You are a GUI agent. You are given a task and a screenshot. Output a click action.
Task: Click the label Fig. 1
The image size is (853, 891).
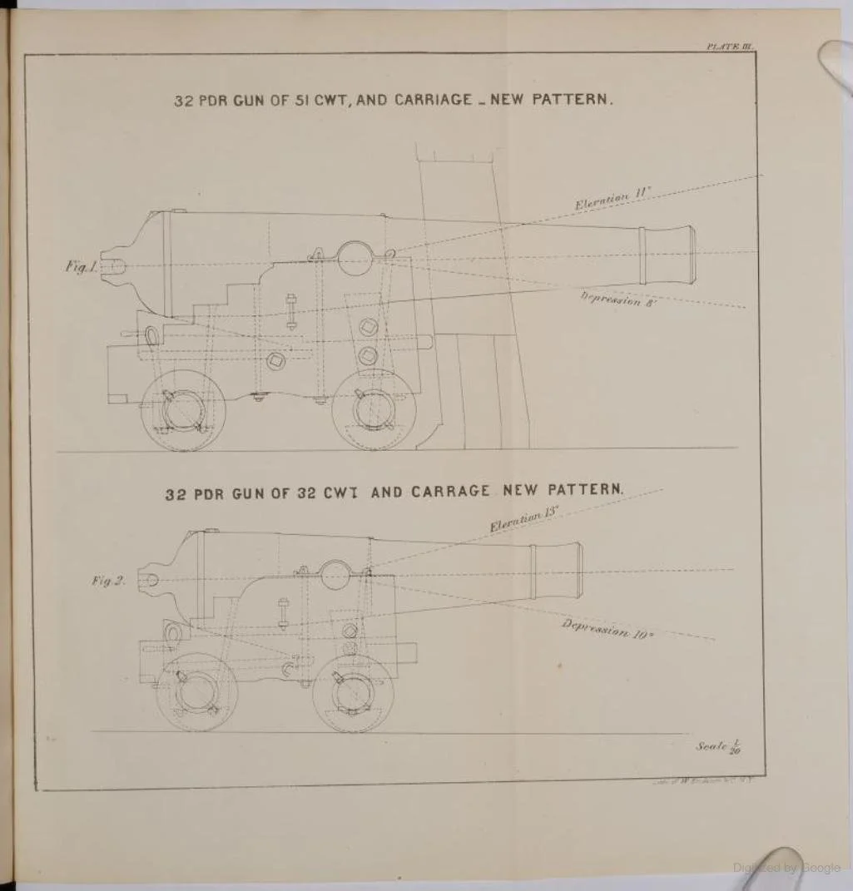[82, 267]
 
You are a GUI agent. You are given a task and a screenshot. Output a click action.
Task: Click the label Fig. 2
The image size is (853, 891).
[108, 581]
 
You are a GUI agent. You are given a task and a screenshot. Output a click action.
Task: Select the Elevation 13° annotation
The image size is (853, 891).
[523, 519]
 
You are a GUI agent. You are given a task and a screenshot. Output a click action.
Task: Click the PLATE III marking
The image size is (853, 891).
[729, 47]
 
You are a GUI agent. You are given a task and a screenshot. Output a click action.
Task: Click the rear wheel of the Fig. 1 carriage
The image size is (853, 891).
[182, 410]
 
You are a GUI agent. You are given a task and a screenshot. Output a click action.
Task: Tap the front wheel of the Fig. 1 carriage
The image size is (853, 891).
[374, 409]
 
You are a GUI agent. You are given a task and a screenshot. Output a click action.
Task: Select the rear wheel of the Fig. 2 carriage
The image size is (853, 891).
[197, 691]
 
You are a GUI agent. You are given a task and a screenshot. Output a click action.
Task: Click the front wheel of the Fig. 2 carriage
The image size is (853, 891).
[353, 691]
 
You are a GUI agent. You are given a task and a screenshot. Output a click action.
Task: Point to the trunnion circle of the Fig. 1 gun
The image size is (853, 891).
[355, 258]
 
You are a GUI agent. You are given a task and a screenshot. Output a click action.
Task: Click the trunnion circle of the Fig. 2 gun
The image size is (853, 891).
[335, 575]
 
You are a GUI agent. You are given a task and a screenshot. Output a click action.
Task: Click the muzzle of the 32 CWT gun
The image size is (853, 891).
[569, 571]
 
